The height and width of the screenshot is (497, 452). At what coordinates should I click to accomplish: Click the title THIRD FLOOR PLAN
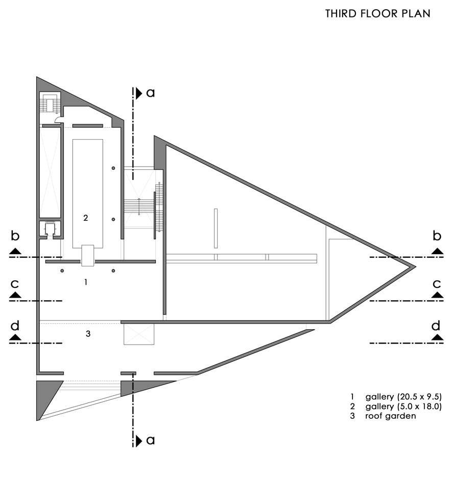[377, 14]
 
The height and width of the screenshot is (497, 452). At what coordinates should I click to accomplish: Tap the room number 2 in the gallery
[86, 217]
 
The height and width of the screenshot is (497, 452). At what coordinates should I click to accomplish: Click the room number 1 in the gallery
[86, 282]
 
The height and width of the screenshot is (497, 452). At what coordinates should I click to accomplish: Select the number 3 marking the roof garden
[88, 334]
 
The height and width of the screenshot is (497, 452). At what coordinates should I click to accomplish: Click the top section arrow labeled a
[139, 93]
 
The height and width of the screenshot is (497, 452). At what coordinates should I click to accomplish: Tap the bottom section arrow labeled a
[139, 440]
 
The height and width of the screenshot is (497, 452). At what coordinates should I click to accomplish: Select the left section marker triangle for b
[15, 251]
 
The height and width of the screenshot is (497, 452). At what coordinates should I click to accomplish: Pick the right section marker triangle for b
[437, 251]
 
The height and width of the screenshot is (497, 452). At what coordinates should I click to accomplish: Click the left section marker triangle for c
[15, 295]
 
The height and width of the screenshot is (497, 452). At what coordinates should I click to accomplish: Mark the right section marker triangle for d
[437, 337]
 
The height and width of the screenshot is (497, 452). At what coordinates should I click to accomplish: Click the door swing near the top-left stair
[59, 121]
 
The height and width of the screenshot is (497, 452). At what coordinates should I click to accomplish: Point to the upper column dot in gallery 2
[113, 168]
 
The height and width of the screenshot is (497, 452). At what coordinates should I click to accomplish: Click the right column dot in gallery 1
[113, 270]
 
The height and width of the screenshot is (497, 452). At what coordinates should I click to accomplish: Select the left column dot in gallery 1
[62, 270]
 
